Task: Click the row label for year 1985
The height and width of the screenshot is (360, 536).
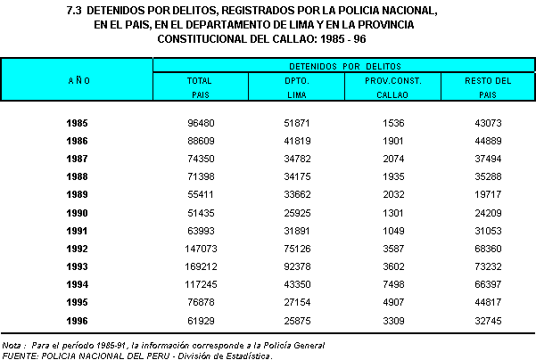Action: (78, 122)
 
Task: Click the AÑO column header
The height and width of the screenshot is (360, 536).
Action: (78, 80)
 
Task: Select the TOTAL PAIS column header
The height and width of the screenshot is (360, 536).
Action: (198, 86)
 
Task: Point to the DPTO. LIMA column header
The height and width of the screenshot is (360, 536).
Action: (294, 86)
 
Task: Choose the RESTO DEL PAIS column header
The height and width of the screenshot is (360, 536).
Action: (488, 86)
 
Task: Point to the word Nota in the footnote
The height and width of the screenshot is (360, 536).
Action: (12, 344)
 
